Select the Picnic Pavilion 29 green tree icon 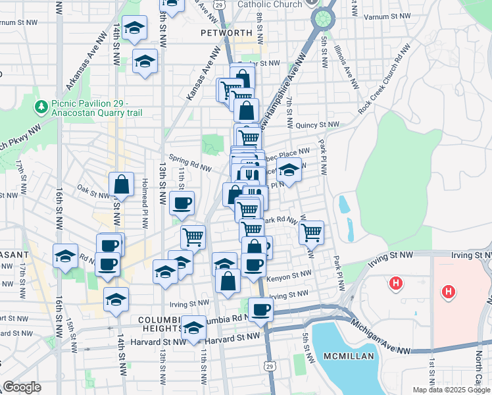(x=41, y=105)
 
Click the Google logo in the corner (x=22, y=387)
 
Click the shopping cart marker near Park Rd (x=311, y=232)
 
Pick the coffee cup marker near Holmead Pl (x=182, y=202)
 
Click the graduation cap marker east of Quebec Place (x=288, y=169)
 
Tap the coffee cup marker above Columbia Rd (x=261, y=308)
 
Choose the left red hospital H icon (x=396, y=284)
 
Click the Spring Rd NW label (x=189, y=162)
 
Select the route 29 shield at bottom (x=270, y=365)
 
